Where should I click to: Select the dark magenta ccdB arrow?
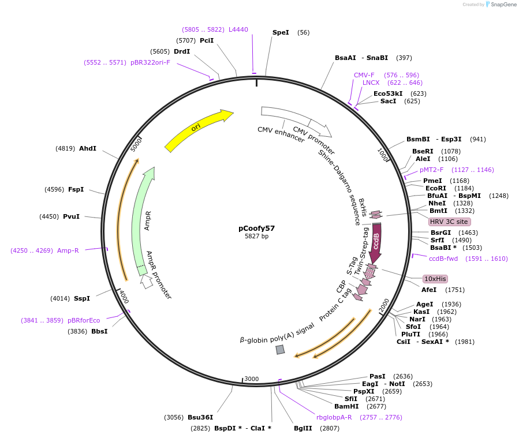pyautogui.click(x=376, y=242)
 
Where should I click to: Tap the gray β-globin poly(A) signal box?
pyautogui.click(x=280, y=349)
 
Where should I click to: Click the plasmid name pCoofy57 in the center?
pyautogui.click(x=257, y=228)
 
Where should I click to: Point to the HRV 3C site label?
pyautogui.click(x=449, y=222)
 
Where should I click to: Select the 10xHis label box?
pyautogui.click(x=435, y=279)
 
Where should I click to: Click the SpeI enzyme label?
pyautogui.click(x=281, y=32)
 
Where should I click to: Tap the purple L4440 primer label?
pyautogui.click(x=238, y=29)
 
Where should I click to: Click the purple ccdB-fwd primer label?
pyautogui.click(x=443, y=259)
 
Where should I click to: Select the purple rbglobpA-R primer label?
pyautogui.click(x=334, y=417)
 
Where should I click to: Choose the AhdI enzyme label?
pyautogui.click(x=88, y=148)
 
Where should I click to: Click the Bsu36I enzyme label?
pyautogui.click(x=200, y=417)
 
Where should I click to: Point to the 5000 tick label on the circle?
pyautogui.click(x=136, y=144)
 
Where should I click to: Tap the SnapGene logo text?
pyautogui.click(x=504, y=5)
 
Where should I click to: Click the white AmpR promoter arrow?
pyautogui.click(x=147, y=282)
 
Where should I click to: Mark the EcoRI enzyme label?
pyautogui.click(x=436, y=188)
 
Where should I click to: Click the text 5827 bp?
pyautogui.click(x=257, y=236)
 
